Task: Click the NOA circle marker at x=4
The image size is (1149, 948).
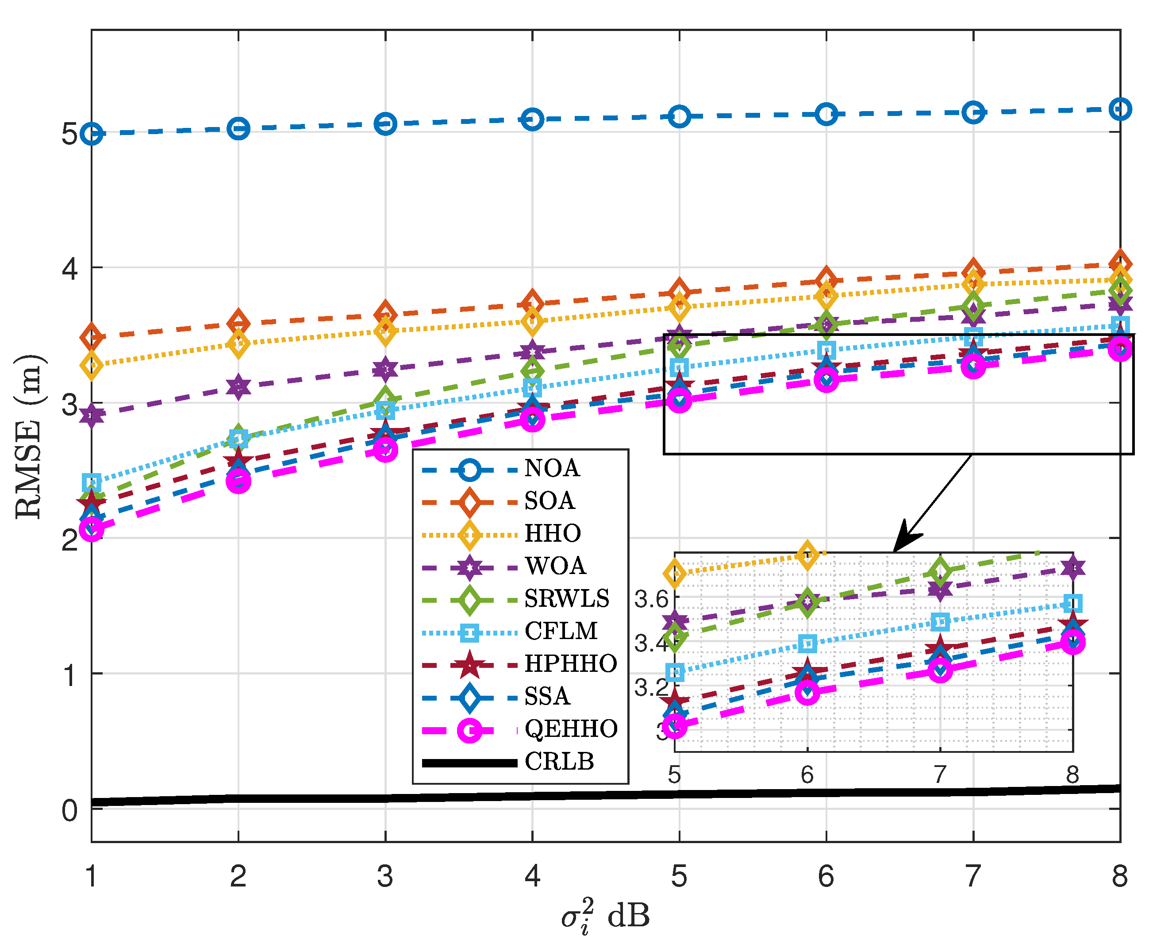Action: pos(532,119)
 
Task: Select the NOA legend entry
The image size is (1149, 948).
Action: pos(551,468)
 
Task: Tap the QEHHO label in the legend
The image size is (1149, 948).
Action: pos(570,728)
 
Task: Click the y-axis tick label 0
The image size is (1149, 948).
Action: pos(70,810)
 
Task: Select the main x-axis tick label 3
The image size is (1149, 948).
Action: pos(385,876)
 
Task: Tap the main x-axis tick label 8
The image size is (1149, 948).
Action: pos(1119,876)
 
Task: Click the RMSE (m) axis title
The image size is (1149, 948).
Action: pos(28,437)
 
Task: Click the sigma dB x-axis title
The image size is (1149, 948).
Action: pos(605,916)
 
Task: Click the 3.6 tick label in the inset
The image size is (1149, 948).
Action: pos(651,600)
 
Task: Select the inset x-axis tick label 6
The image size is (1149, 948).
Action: pos(807,775)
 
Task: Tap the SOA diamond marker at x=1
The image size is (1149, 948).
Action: pos(92,337)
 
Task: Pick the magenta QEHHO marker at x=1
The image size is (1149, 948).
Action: pos(92,528)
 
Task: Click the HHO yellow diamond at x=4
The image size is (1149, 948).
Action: pos(532,321)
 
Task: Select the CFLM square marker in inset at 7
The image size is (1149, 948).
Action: pos(940,621)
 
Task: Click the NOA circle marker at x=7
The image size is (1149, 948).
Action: pos(973,112)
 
